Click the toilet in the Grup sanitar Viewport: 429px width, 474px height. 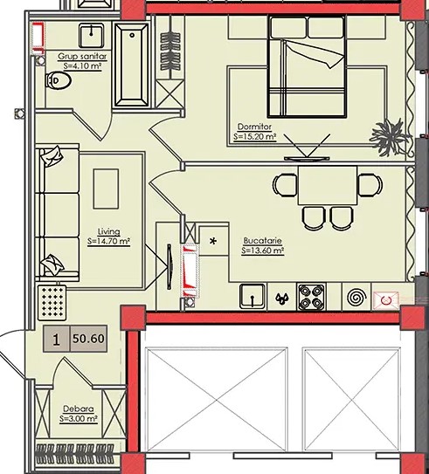coord(59,80)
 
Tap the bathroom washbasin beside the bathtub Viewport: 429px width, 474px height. coord(92,36)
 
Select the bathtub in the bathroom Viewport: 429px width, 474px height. coord(132,65)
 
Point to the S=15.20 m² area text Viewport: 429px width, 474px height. coord(255,137)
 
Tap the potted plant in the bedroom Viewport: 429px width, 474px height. coord(391,138)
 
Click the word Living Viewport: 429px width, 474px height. coord(108,231)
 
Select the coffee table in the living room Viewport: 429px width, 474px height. coord(106,189)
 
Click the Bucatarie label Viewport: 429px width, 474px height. coord(263,241)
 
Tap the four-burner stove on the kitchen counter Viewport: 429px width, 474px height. coord(311,297)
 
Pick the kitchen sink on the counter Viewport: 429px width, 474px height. coord(252,297)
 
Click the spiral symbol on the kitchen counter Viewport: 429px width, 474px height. coord(357,297)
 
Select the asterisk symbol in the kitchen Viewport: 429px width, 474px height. coord(213,241)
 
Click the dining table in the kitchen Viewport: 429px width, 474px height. coord(328,185)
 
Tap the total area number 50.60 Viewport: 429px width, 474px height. coord(88,339)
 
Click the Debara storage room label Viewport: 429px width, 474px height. coord(79,409)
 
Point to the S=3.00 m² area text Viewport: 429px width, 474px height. coord(79,419)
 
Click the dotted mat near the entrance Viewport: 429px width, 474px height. coord(52,302)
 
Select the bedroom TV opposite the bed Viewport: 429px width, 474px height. coord(307,158)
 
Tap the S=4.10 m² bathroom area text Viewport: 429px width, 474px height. coord(82,65)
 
